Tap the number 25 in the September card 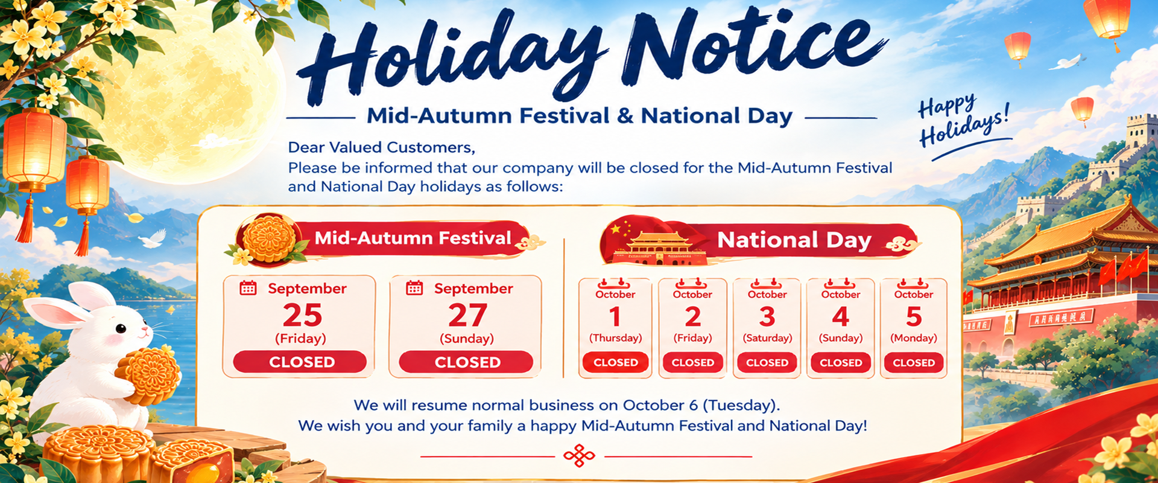[303, 315]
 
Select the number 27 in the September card [467, 315]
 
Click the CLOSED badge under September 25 [300, 362]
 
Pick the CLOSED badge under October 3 [767, 362]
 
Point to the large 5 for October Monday [914, 316]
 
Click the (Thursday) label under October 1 [615, 338]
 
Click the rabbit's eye [121, 328]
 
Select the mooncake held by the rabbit [148, 375]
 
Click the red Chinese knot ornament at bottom [579, 456]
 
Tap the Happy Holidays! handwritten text [963, 121]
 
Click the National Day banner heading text [794, 240]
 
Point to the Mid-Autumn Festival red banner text [413, 238]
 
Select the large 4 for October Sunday [841, 316]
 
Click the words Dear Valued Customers [381, 147]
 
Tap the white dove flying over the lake [153, 238]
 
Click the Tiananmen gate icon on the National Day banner [657, 248]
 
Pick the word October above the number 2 [692, 295]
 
